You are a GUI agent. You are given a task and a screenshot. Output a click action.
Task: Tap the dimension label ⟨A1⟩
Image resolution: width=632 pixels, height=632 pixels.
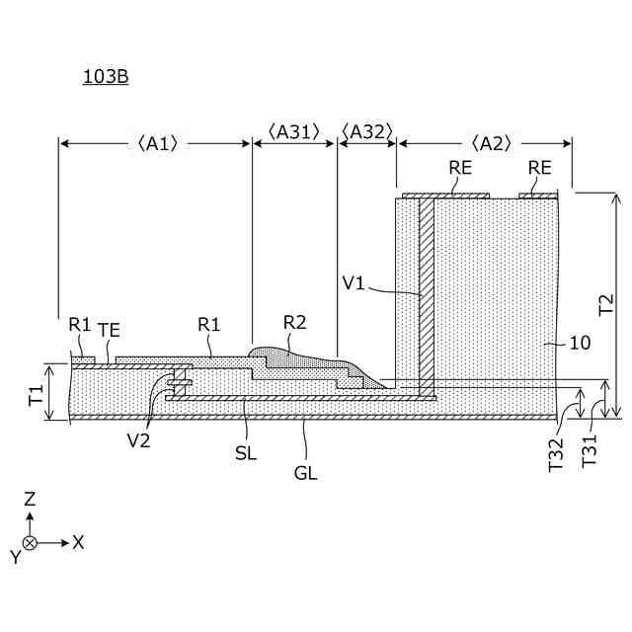point(155,143)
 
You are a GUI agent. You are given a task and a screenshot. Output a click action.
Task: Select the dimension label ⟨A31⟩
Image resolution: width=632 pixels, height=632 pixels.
point(294,132)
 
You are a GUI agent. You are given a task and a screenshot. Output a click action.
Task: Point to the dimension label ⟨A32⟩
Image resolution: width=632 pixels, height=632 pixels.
point(366,132)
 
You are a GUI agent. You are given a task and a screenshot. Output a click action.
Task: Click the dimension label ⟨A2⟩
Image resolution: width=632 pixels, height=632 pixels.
point(491,143)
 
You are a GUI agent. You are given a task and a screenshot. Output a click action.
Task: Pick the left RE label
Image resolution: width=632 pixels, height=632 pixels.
point(460,168)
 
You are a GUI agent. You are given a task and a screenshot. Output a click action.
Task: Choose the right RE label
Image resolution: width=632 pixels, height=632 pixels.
point(539,168)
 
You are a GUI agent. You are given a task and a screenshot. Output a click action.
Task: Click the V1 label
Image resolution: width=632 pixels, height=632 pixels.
point(355,283)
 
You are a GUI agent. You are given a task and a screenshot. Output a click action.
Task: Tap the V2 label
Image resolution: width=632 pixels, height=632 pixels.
point(139,440)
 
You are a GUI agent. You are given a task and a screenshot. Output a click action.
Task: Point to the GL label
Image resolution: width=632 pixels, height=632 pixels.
point(305,473)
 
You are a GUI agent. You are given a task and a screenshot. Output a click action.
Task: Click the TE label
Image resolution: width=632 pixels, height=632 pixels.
point(109,329)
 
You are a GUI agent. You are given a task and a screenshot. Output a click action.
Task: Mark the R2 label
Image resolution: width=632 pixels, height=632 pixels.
point(294,322)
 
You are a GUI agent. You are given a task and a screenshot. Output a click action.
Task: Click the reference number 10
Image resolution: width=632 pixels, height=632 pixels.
point(581,344)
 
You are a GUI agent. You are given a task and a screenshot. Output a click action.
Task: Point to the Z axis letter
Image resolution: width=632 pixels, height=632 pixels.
point(30,500)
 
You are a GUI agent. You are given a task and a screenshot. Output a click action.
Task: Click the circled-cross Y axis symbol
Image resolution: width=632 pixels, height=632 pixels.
point(30,543)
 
